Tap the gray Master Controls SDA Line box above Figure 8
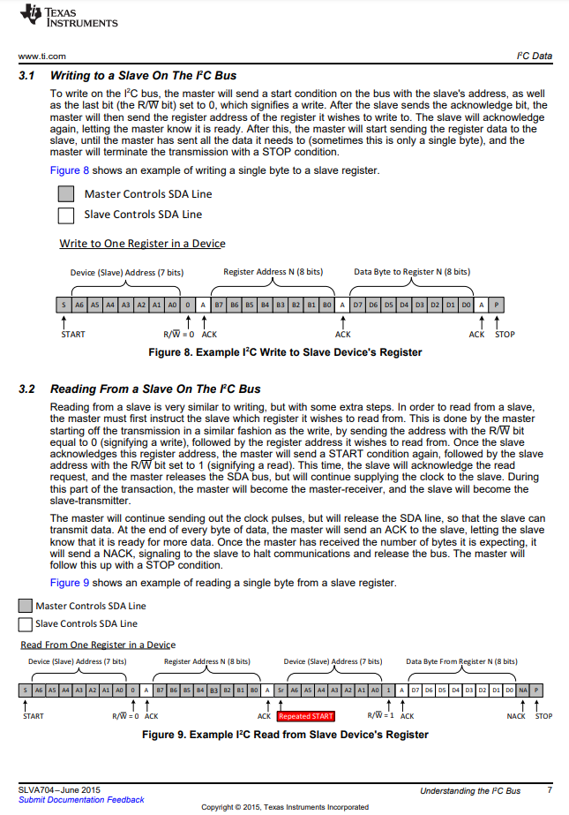click(x=65, y=194)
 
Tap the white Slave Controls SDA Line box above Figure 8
click(x=65, y=215)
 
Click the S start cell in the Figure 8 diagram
click(x=64, y=305)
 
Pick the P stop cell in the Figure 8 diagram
click(x=497, y=305)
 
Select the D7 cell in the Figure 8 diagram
click(x=358, y=305)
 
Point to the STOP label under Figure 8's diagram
click(x=505, y=335)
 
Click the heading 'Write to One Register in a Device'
click(x=142, y=243)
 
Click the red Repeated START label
click(x=306, y=716)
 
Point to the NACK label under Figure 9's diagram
click(x=516, y=716)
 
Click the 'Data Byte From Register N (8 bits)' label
click(x=461, y=661)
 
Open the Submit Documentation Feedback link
click(x=81, y=800)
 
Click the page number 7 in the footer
click(x=550, y=790)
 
